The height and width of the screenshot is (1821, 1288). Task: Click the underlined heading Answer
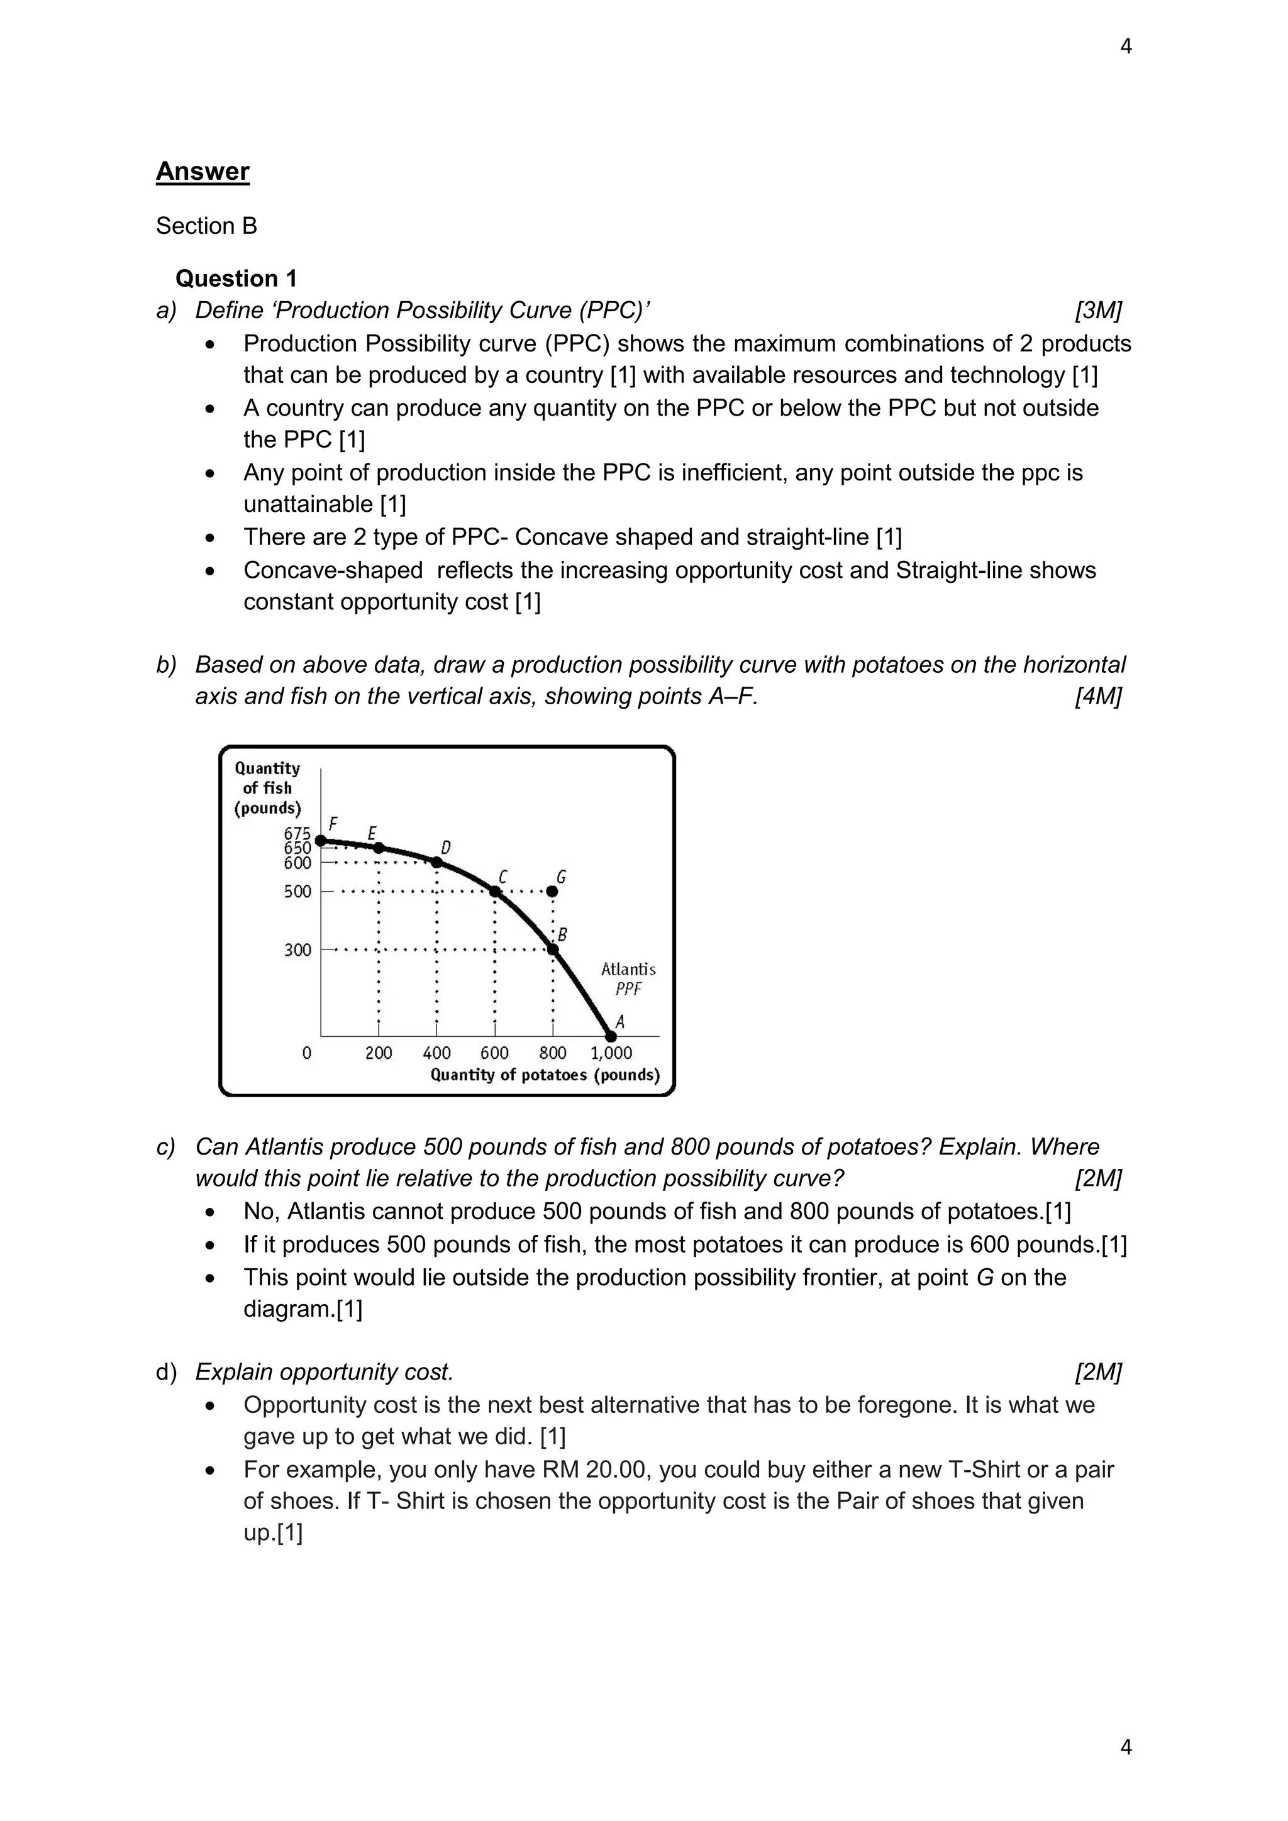pyautogui.click(x=203, y=171)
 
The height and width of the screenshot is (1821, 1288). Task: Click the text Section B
pyautogui.click(x=206, y=226)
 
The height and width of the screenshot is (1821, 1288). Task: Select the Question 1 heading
pyautogui.click(x=236, y=279)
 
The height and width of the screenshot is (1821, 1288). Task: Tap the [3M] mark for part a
pyautogui.click(x=1097, y=310)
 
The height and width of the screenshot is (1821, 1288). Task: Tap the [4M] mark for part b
pyautogui.click(x=1097, y=696)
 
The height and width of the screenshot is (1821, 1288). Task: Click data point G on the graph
pyautogui.click(x=553, y=892)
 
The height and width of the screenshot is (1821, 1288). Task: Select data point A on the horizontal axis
pyautogui.click(x=611, y=1036)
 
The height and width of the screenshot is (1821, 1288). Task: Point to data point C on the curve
pyautogui.click(x=495, y=892)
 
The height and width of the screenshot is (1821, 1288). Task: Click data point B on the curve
pyautogui.click(x=553, y=949)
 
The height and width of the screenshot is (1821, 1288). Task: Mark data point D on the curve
pyautogui.click(x=436, y=862)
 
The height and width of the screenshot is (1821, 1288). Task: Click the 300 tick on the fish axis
pyautogui.click(x=297, y=950)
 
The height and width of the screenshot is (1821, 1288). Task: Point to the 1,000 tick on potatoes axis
pyautogui.click(x=611, y=1053)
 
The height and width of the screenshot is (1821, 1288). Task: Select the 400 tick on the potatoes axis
pyautogui.click(x=436, y=1053)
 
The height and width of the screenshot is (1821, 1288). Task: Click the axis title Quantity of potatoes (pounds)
pyautogui.click(x=545, y=1075)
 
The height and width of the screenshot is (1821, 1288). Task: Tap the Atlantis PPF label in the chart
pyautogui.click(x=628, y=978)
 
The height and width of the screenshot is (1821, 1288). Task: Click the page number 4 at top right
pyautogui.click(x=1125, y=47)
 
